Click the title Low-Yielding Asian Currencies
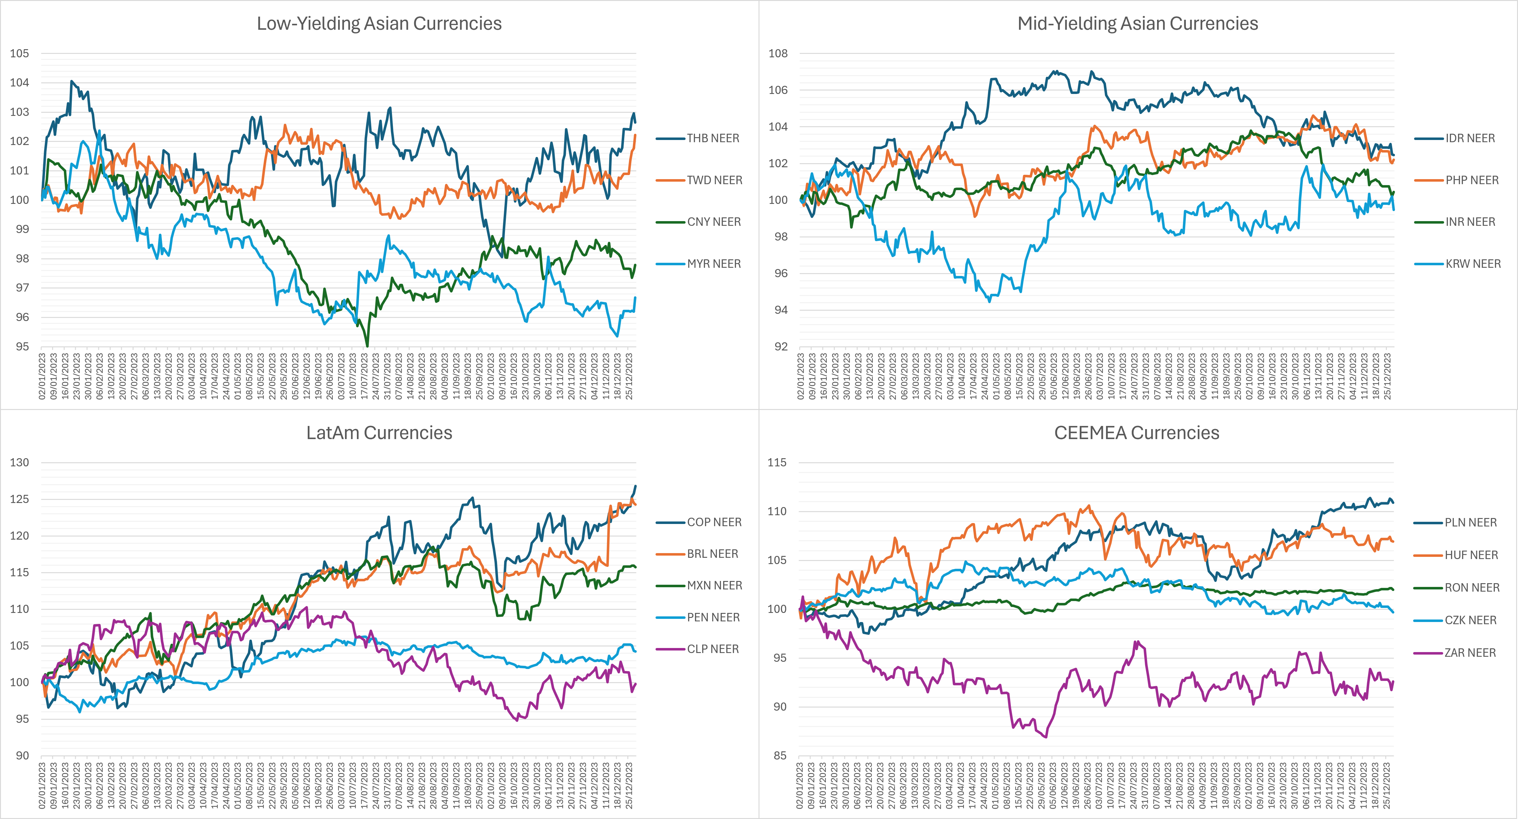click(x=379, y=23)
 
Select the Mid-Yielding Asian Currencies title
click(x=1137, y=23)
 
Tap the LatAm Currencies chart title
click(x=379, y=433)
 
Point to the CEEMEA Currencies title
click(x=1136, y=433)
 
